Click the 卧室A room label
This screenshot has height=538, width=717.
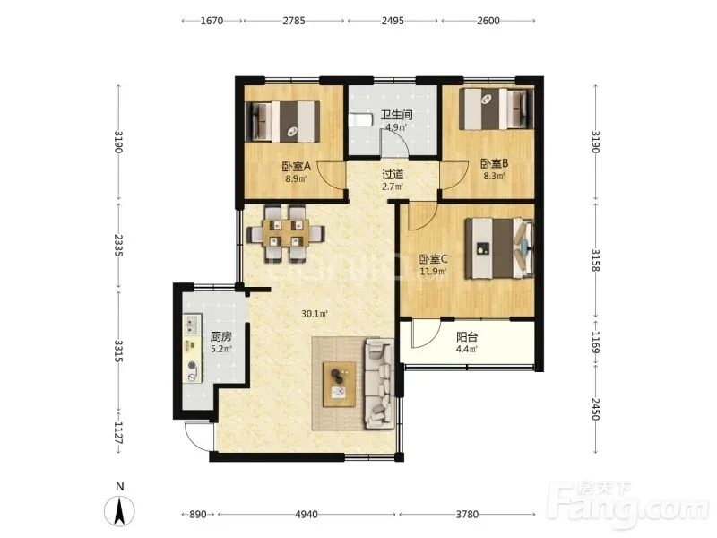click(x=296, y=167)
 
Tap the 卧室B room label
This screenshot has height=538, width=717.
click(x=494, y=163)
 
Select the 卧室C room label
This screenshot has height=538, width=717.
click(x=433, y=259)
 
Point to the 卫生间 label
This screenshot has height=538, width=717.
click(x=396, y=115)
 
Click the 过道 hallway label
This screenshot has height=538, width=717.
click(x=393, y=174)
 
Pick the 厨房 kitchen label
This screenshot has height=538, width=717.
click(x=220, y=337)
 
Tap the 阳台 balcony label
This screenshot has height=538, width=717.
click(x=467, y=338)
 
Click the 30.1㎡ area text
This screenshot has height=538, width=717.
click(x=315, y=314)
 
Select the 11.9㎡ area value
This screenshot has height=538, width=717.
click(x=433, y=272)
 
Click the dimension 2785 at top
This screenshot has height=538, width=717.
click(x=294, y=21)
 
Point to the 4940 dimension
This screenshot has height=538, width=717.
click(x=307, y=515)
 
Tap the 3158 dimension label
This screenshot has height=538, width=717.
click(x=595, y=260)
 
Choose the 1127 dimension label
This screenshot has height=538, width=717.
click(x=118, y=432)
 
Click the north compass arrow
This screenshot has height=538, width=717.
click(x=119, y=511)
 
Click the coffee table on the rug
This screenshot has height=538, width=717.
click(x=340, y=384)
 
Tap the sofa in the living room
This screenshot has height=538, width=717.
click(x=379, y=384)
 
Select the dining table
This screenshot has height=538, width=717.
click(x=286, y=233)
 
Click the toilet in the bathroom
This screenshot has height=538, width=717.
click(x=360, y=120)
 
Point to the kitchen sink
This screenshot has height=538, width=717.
click(x=193, y=325)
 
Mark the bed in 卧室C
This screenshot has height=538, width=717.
click(x=500, y=248)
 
